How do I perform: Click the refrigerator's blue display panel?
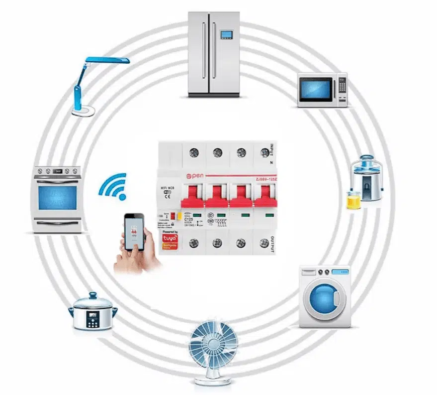tap(227, 34)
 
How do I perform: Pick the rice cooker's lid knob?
tap(93, 295)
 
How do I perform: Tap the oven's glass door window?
tap(58, 198)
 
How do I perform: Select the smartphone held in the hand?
tap(134, 232)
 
